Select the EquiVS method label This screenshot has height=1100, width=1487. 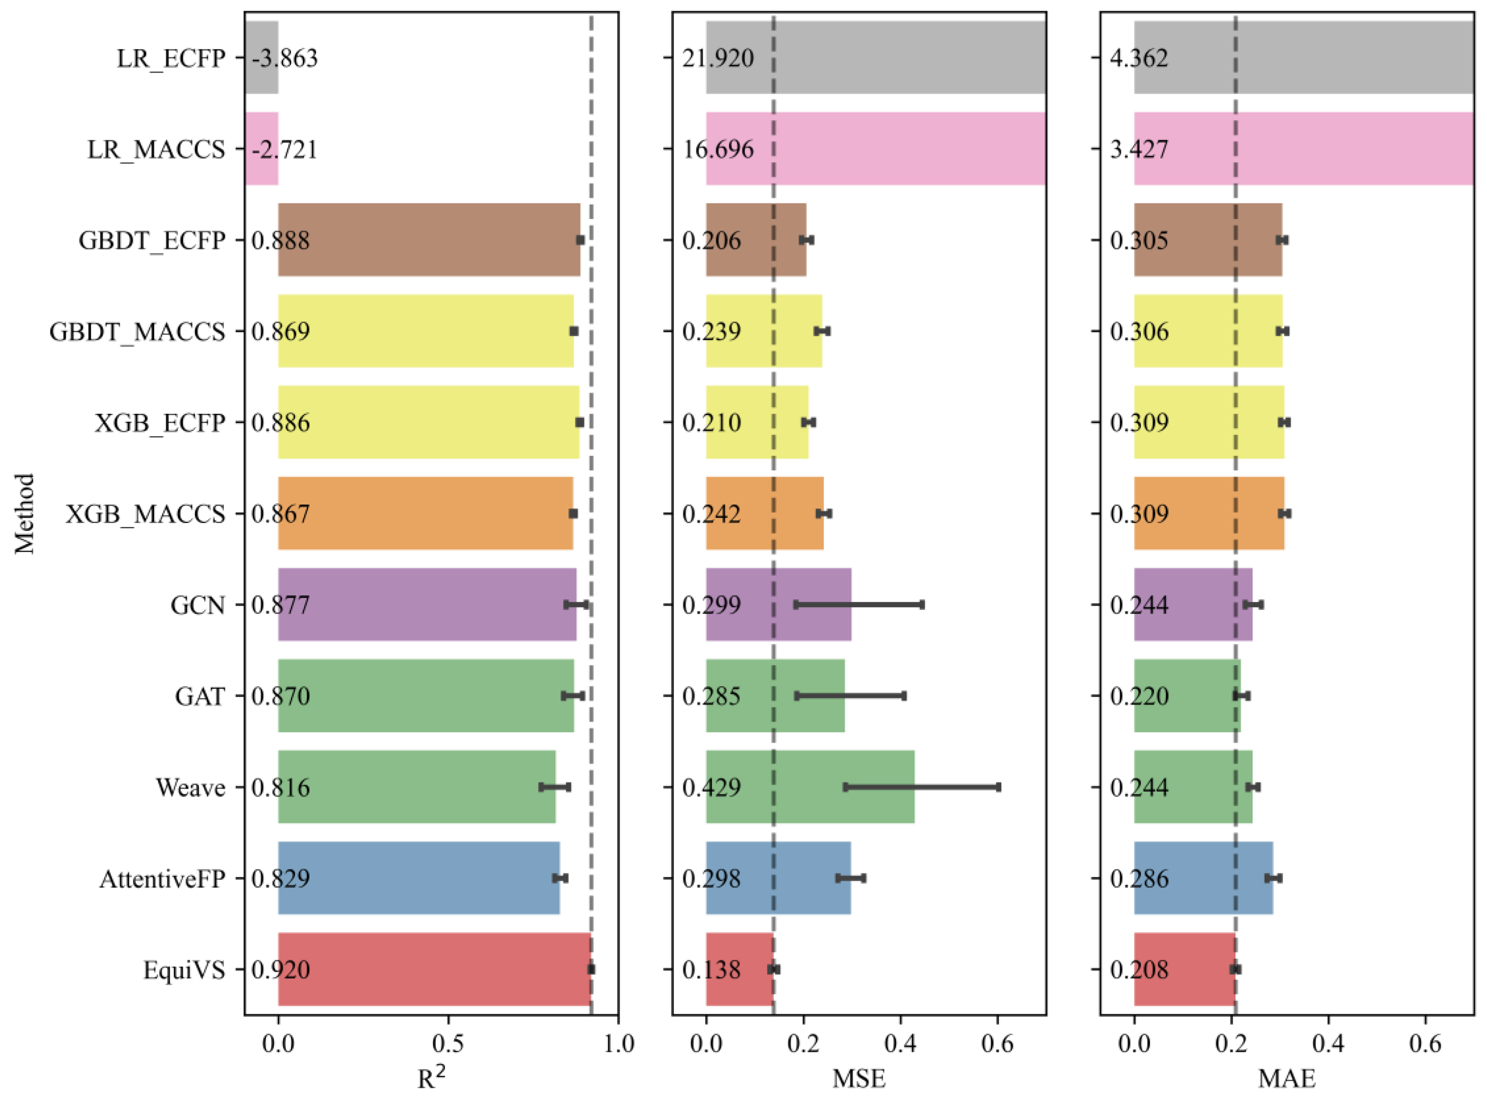pos(185,970)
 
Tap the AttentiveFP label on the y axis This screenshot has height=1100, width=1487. pos(163,879)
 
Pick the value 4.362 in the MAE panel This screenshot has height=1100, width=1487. pos(1139,59)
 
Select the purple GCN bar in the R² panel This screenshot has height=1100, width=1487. pos(426,605)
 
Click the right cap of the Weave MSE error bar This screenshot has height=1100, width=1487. pos(998,787)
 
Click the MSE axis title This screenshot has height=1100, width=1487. pos(859,1079)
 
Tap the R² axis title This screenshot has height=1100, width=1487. pos(431,1078)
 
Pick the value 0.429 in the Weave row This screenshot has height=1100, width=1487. pos(712,788)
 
